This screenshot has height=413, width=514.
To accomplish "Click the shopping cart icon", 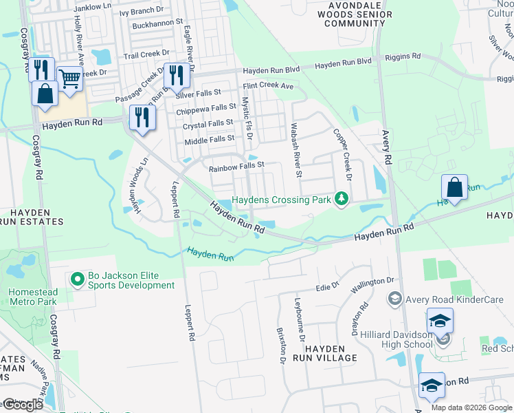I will point(70,79).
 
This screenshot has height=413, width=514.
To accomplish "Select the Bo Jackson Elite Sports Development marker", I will point(78,279).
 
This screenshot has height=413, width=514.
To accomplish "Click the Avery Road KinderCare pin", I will point(395,298).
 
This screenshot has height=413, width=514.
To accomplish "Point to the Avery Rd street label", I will point(386,148).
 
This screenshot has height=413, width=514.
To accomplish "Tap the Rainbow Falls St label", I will point(236,166).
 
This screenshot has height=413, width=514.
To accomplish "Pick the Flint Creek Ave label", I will point(268,87).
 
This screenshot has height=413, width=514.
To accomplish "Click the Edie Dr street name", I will point(328,286).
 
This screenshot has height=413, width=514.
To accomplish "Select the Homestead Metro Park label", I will point(33,297).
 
